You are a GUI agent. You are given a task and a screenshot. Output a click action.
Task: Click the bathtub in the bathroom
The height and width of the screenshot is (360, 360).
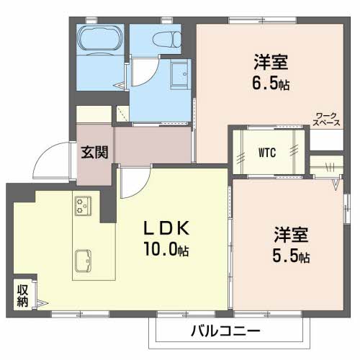(x=100, y=40)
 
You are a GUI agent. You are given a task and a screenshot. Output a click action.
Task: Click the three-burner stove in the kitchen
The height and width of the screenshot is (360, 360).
(x=81, y=207)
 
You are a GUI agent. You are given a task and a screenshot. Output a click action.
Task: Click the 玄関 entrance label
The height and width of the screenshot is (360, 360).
(x=94, y=152)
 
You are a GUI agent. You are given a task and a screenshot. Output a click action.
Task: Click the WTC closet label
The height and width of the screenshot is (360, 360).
(x=267, y=153)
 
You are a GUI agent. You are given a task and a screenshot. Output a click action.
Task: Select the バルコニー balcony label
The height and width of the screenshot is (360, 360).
(x=227, y=333)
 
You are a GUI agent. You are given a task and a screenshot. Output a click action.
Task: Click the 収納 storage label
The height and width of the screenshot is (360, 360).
(x=22, y=296)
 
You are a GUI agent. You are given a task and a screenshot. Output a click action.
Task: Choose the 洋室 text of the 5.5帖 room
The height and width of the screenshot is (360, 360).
(x=291, y=235)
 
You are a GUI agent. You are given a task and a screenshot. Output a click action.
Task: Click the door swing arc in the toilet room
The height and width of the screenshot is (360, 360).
(x=146, y=73)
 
